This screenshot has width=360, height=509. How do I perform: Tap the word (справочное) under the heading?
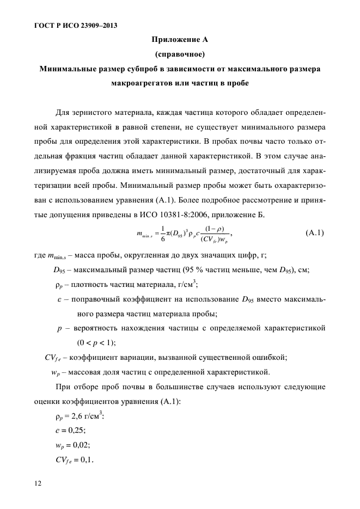[180, 54]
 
